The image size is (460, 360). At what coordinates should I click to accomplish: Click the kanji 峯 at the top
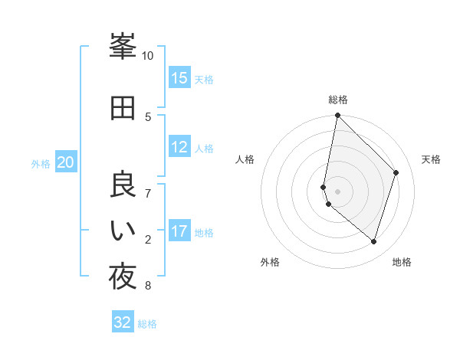123,47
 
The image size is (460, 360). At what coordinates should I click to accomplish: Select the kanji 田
123,107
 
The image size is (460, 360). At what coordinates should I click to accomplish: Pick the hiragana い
123,231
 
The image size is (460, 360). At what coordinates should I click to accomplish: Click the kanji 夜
123,277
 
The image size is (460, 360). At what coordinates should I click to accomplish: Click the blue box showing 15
179,78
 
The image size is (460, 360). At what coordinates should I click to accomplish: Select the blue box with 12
179,147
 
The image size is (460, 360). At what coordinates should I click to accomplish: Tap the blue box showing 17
179,231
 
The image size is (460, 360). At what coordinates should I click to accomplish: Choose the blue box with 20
66,162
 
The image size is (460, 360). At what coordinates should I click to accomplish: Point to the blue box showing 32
123,322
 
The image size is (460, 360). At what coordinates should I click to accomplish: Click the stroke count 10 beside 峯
148,56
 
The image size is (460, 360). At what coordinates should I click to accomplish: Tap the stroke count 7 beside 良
148,193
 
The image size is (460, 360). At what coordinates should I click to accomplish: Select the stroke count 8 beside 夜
148,286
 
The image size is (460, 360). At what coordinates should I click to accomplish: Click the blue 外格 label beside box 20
41,163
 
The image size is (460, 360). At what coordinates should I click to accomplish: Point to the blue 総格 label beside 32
147,324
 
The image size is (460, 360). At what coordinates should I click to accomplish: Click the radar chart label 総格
337,100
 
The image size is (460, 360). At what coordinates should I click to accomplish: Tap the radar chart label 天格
431,159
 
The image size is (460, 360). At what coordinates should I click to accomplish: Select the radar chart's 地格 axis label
402,262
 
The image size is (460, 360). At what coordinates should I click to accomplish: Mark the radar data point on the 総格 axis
337,116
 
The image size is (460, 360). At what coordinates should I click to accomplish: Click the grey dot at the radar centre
337,191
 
